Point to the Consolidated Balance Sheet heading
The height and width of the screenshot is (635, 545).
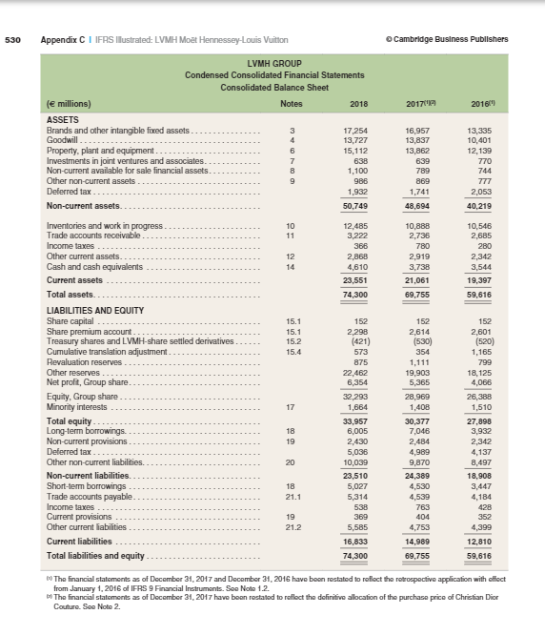click(x=272, y=86)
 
